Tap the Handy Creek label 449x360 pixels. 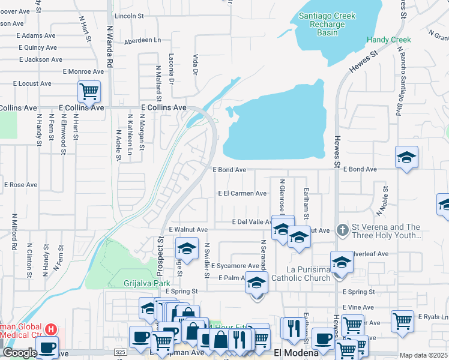pos(389,40)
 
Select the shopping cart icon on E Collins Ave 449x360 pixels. pos(89,92)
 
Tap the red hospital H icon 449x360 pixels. pos(52,329)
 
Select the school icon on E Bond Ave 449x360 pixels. pos(406,157)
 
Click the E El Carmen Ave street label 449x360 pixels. pos(242,193)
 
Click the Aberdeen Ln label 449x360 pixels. pos(143,40)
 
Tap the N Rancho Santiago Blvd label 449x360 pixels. pos(398,78)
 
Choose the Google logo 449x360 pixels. pos(20,353)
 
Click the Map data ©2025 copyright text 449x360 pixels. pos(424,355)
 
